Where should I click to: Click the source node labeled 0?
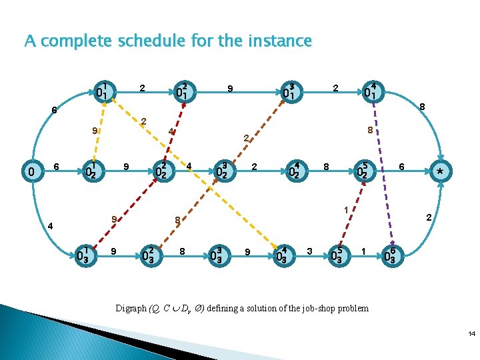30,173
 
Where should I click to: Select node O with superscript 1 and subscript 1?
105,89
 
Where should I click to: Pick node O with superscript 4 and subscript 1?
372,89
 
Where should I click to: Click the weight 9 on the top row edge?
229,87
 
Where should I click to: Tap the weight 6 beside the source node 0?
57,167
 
